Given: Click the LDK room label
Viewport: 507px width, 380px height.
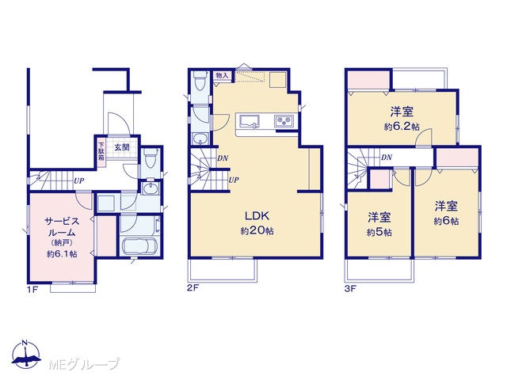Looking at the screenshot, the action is point(257,215).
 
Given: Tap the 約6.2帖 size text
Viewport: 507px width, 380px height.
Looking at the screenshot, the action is point(402,127).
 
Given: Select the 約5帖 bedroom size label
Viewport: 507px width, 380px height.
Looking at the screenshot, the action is point(379,232).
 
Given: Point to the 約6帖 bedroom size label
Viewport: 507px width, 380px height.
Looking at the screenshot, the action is point(446,221).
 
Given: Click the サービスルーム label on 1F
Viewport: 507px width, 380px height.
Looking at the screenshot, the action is point(62,227).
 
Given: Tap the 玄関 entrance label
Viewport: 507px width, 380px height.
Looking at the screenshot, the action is point(122,147).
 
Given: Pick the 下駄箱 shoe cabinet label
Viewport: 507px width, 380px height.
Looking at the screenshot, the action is point(101,151).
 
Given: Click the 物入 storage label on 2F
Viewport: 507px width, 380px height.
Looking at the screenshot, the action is point(222,76).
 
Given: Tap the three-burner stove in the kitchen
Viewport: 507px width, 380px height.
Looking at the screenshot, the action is point(284,121).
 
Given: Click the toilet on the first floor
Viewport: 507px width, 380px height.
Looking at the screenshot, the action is point(150,158).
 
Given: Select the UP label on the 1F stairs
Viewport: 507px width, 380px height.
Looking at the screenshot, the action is point(79,181).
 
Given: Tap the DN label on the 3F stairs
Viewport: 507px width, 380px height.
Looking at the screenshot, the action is point(387,158).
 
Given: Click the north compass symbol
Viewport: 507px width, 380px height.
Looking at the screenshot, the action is point(26,354).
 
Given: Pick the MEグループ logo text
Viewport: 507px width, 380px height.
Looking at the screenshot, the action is point(84,364).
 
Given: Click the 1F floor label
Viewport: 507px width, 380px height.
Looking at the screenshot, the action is point(32,289).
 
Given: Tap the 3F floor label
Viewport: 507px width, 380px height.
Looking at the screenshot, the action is point(350,288).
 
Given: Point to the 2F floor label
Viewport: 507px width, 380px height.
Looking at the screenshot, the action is point(193,288).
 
